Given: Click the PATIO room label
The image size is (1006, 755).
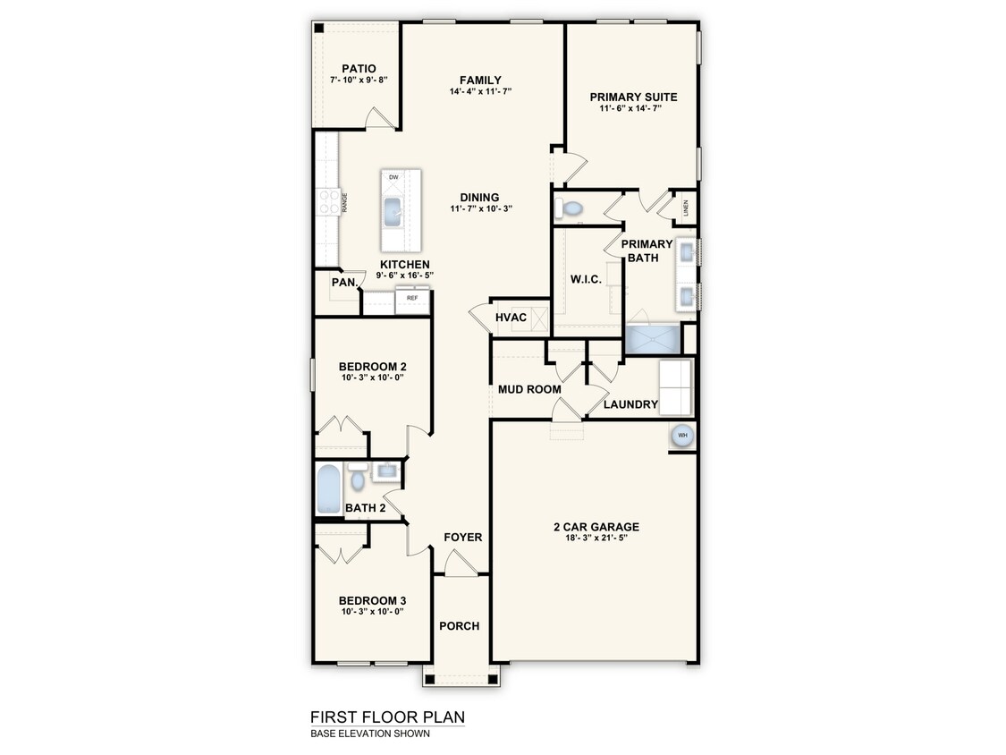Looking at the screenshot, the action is (x=359, y=69).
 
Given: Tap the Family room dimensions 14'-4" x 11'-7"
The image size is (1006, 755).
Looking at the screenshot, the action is (x=480, y=91).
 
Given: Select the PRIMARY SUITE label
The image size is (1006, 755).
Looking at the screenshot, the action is (x=633, y=97).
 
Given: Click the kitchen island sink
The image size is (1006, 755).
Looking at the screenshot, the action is (x=392, y=212).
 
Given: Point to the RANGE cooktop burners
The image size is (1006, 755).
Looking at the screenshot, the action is (x=329, y=201).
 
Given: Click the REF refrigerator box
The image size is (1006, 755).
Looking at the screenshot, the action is (x=412, y=301).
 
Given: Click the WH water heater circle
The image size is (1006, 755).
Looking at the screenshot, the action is (x=682, y=436).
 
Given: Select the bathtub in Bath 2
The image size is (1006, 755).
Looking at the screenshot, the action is (x=328, y=488).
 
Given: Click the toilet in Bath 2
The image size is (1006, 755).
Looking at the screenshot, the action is (x=358, y=477).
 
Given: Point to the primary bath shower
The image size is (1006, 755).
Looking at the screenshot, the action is (x=653, y=340).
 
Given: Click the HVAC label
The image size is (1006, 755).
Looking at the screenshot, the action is (x=511, y=318).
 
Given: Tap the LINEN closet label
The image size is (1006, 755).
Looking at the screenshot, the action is (x=685, y=208).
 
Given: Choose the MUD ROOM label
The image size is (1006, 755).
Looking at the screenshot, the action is (x=529, y=389).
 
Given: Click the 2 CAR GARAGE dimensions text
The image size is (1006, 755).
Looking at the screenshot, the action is (x=596, y=538).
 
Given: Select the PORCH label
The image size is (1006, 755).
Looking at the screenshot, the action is (x=460, y=626).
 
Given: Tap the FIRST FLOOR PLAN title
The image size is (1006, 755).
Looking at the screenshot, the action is (x=387, y=717).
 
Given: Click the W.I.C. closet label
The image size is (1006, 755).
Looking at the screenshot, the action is (x=586, y=279).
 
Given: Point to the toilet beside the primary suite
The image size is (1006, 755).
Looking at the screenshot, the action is (x=569, y=208).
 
